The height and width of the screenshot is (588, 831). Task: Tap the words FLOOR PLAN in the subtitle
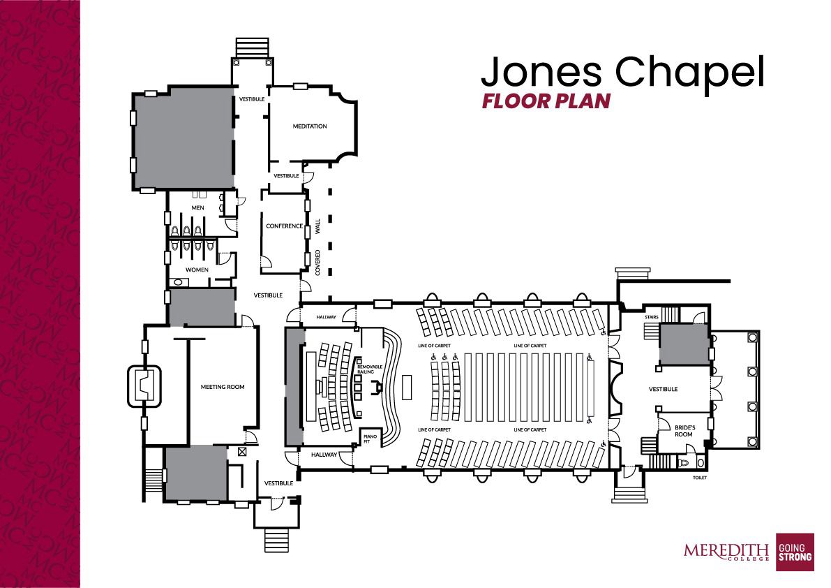click(546, 101)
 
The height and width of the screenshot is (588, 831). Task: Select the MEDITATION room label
click(310, 126)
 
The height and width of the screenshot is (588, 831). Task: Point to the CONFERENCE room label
click(285, 226)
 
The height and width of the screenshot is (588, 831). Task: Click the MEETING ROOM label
click(223, 387)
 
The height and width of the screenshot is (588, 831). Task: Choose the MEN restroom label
click(197, 208)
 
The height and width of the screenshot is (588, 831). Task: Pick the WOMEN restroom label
click(197, 270)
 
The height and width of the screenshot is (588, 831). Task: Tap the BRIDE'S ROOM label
click(684, 431)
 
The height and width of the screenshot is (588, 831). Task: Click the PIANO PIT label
click(370, 439)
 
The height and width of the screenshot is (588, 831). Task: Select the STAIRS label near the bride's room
click(652, 317)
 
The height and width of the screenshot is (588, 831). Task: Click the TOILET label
click(700, 478)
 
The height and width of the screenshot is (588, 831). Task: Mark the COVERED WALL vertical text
click(318, 247)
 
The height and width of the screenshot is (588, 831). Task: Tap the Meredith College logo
click(726, 551)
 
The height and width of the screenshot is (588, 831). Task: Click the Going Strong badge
click(795, 552)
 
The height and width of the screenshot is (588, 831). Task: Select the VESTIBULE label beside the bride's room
click(664, 389)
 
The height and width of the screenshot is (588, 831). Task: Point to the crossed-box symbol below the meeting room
click(242, 452)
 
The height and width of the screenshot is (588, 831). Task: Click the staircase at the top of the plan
click(253, 47)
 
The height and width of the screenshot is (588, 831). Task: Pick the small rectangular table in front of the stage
click(407, 387)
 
